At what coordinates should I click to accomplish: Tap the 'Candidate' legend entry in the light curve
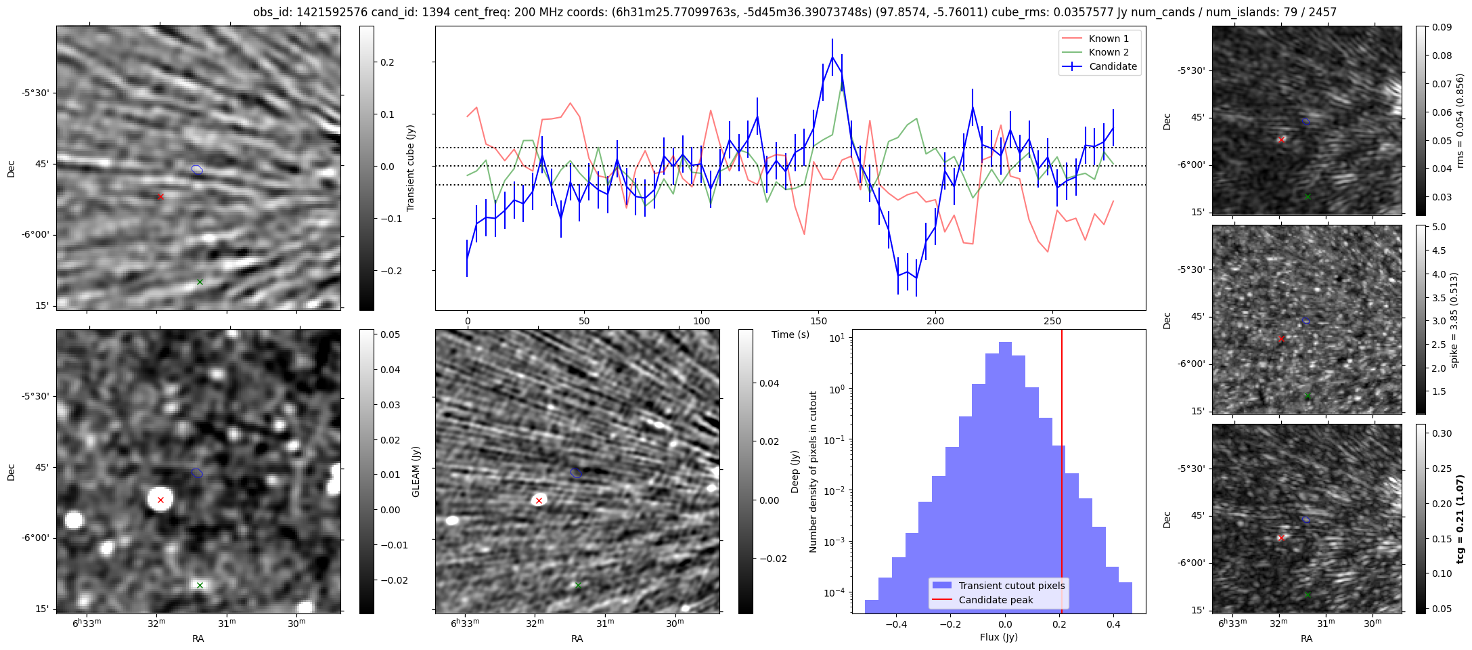point(1113,66)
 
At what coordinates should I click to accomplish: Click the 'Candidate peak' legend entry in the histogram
point(996,600)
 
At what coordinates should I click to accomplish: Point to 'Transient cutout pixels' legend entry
point(1011,586)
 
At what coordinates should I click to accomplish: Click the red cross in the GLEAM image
point(160,500)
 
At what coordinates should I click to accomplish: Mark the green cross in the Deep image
point(578,585)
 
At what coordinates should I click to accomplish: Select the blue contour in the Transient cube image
point(197,169)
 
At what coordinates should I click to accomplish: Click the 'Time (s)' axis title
point(790,334)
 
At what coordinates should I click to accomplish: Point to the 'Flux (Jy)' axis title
point(998,637)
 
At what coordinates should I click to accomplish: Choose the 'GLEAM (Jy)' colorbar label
point(416,471)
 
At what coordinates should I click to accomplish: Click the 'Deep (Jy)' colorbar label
point(795,471)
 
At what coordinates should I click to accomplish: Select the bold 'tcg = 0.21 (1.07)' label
point(1460,519)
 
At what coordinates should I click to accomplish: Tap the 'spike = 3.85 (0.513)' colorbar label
point(1454,320)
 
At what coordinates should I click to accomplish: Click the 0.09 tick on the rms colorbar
point(1441,27)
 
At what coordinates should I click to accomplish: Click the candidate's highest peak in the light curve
point(832,57)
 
